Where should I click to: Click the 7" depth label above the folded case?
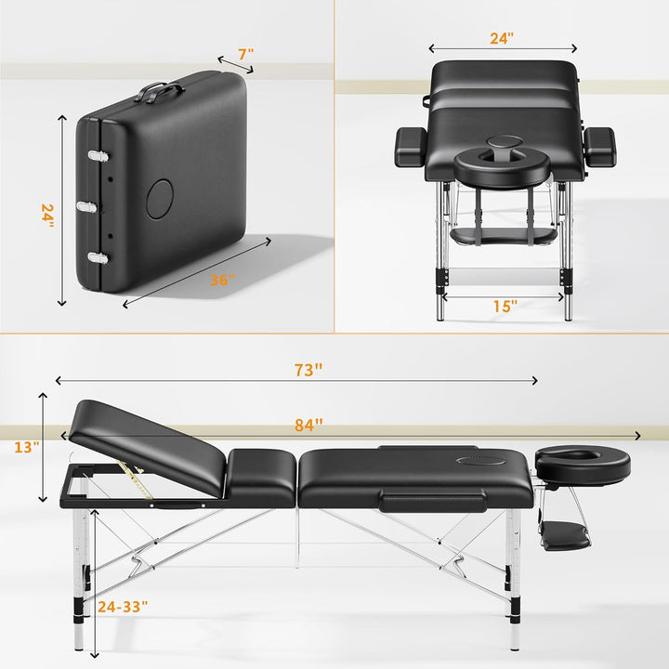coord(244,55)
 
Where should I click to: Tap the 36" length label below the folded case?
coord(222,280)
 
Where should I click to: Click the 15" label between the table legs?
coord(505,305)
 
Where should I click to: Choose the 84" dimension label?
coord(308,425)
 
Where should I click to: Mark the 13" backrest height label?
coord(27,447)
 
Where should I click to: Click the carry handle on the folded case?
coord(160,91)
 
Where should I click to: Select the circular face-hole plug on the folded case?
coord(160,196)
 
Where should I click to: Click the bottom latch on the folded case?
coord(95,257)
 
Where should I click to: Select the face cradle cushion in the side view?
coord(583,462)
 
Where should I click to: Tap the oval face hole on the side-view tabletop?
coord(480,457)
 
